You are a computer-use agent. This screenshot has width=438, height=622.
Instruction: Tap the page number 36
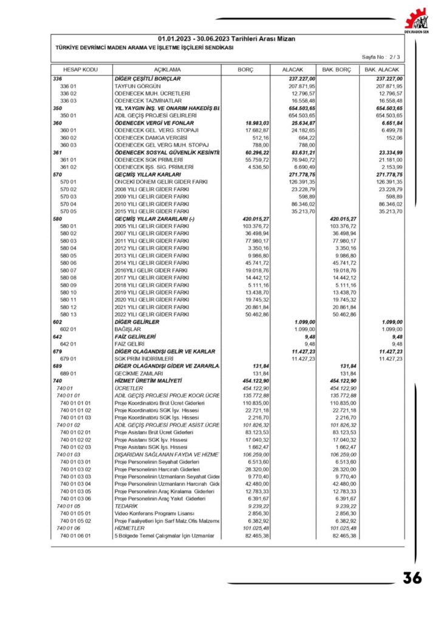[x=412, y=578]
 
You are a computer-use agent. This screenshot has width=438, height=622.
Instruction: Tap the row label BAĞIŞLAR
[x=128, y=329]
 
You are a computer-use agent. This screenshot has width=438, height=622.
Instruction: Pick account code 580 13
[x=69, y=314]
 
